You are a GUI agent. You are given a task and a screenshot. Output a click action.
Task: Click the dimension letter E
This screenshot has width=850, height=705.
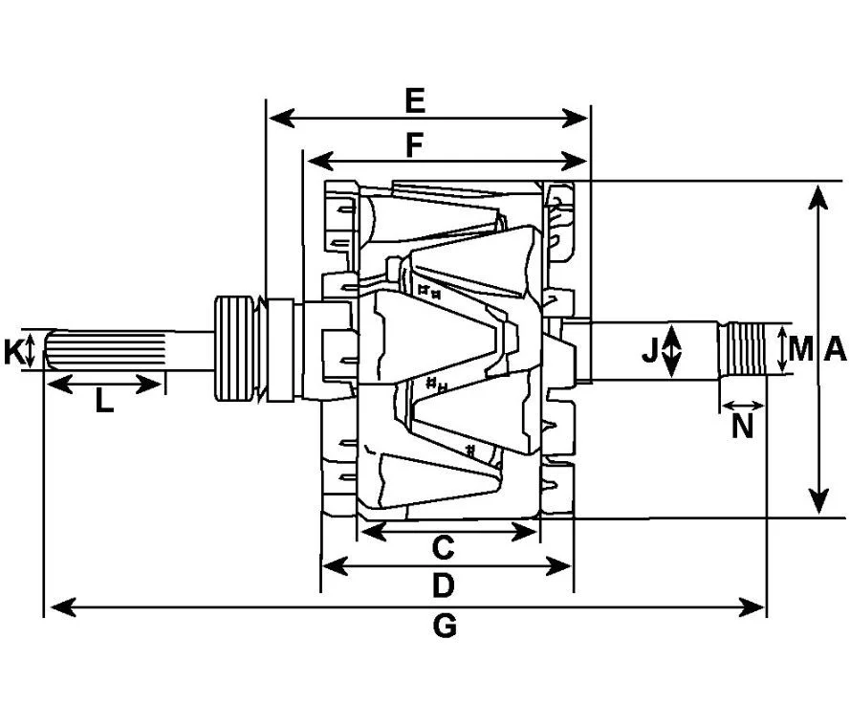(415, 101)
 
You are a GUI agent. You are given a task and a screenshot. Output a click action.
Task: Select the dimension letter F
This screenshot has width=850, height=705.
(414, 145)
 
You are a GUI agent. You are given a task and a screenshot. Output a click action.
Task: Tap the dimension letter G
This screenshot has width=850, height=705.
(445, 627)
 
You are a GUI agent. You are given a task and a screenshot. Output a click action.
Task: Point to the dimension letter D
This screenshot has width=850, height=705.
(443, 586)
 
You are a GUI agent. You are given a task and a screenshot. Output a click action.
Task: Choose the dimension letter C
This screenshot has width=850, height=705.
(443, 548)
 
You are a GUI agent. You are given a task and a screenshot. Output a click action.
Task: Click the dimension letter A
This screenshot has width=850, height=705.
(835, 349)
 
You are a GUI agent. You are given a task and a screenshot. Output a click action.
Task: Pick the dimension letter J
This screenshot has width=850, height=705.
(649, 350)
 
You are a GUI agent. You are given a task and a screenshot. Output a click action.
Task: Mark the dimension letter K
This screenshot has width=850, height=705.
(13, 351)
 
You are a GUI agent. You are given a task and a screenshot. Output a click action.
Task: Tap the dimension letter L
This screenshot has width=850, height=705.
(104, 402)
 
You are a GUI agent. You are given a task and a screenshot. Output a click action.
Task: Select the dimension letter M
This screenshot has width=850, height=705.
(801, 349)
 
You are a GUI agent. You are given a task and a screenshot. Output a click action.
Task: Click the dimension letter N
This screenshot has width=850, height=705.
(743, 427)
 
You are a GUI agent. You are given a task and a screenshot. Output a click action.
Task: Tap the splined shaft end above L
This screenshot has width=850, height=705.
(105, 350)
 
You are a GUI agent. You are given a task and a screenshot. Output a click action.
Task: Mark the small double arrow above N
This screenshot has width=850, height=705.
(743, 405)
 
